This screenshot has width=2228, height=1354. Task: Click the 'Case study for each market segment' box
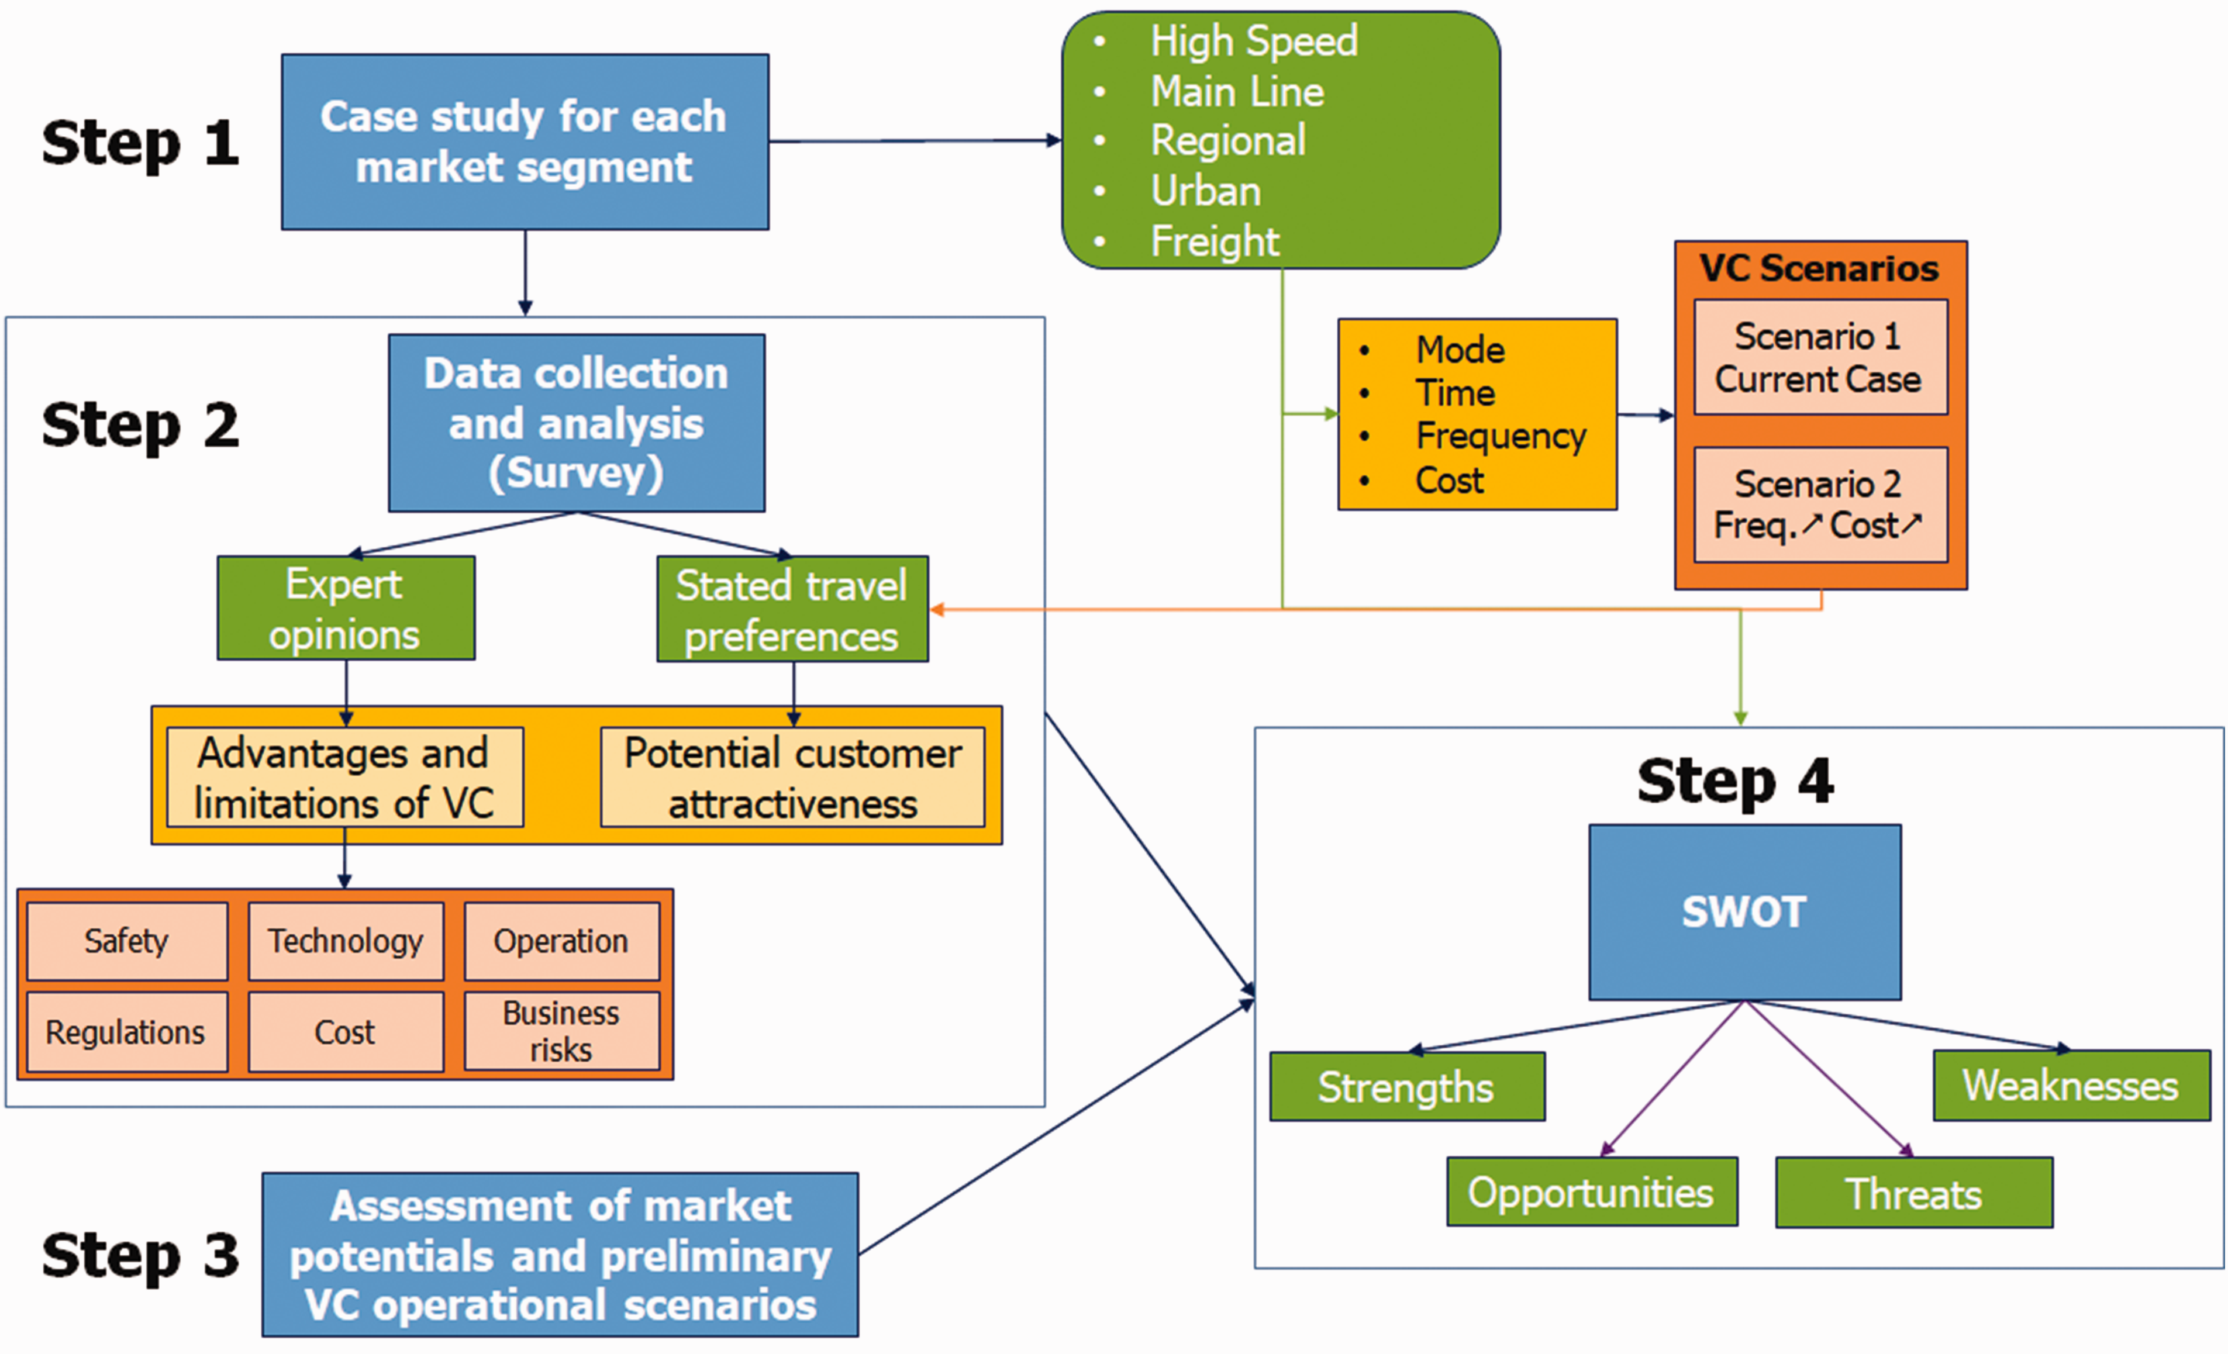tap(525, 142)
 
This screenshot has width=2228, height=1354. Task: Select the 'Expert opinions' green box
tap(346, 607)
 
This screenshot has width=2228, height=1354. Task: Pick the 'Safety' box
tap(126, 941)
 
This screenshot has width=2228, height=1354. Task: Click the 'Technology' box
tap(346, 941)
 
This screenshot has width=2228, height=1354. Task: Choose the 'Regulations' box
tap(126, 1032)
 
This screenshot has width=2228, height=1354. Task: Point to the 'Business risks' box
tap(561, 1031)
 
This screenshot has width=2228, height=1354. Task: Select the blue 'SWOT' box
tap(1744, 912)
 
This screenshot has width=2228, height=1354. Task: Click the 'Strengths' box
tap(1407, 1086)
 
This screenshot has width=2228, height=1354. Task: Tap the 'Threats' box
tap(1914, 1193)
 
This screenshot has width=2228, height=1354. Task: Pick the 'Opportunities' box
tap(1591, 1192)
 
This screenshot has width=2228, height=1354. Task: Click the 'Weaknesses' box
tap(2071, 1086)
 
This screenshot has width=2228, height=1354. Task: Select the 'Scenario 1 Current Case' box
tap(1820, 358)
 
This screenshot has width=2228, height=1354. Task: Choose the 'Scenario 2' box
tap(1820, 505)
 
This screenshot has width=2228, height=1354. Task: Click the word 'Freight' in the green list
tap(1215, 241)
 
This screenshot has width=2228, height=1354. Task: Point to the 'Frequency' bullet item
tap(1500, 437)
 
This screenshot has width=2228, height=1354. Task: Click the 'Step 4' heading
tap(1735, 781)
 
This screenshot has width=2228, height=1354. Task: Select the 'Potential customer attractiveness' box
tap(793, 778)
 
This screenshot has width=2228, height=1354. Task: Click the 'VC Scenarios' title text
tap(1819, 268)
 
